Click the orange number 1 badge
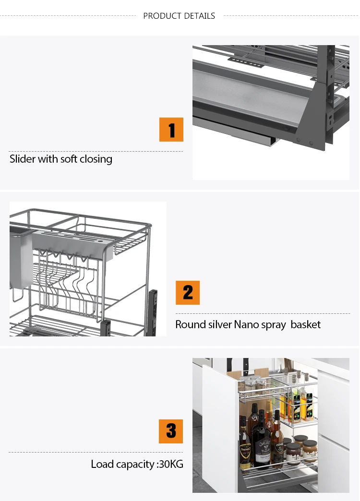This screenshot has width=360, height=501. point(171,130)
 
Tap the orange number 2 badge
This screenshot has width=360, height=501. point(188,293)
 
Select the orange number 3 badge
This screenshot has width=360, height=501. point(171,431)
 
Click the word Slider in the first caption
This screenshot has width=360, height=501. point(23,159)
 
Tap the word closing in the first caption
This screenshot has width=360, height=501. point(96,159)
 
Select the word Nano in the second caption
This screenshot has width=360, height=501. point(246,324)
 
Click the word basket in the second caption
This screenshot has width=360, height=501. point(306,324)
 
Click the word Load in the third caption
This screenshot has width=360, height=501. point(102,464)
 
